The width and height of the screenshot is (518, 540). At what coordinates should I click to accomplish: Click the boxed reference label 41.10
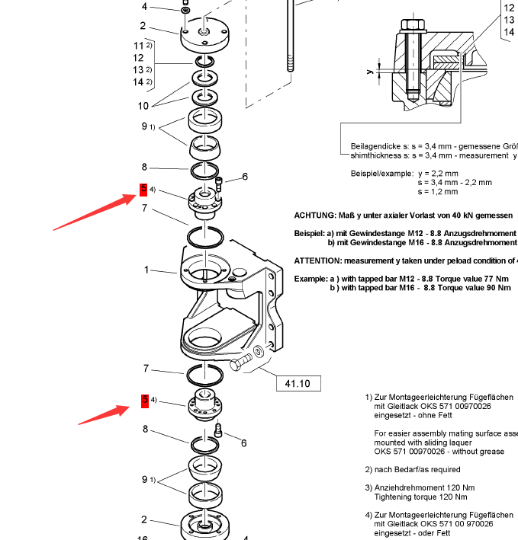coord(298,383)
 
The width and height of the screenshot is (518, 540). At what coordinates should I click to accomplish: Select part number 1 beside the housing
coord(146,270)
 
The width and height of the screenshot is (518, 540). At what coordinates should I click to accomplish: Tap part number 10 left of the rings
coord(143,106)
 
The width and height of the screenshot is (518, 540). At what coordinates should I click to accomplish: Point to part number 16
coord(143,536)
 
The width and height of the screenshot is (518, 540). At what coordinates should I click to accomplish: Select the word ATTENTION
coord(318,260)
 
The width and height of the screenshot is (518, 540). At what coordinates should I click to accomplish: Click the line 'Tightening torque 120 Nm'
coord(424,497)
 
